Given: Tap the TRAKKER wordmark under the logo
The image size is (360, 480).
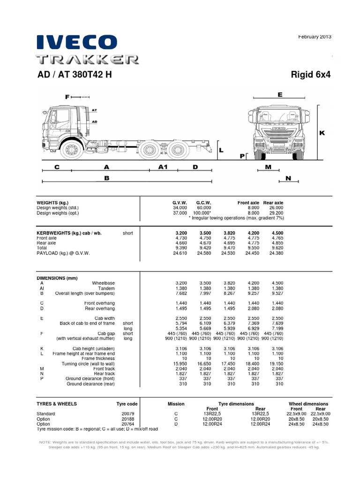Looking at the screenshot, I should pyautogui.click(x=88, y=60).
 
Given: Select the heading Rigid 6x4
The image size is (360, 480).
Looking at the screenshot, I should pyautogui.click(x=311, y=75).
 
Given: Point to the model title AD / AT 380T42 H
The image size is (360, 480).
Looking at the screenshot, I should pyautogui.click(x=74, y=75).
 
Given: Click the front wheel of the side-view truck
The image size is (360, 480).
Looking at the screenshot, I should pyautogui.click(x=72, y=150).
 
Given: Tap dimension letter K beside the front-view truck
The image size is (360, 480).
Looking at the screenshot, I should pyautogui.click(x=322, y=133).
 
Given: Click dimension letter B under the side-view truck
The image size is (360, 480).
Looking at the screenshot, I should pyautogui.click(x=106, y=178).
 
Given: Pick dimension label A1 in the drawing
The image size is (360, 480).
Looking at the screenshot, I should pyautogui.click(x=163, y=167).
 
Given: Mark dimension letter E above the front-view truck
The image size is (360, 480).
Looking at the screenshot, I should pyautogui.click(x=280, y=95).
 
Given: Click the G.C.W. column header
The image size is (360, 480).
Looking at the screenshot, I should pyautogui.click(x=204, y=202).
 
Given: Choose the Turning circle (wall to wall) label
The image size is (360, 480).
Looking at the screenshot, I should pyautogui.click(x=88, y=364).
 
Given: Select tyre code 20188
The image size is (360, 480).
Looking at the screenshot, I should pyautogui.click(x=128, y=419).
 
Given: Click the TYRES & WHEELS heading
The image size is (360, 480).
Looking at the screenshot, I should pyautogui.click(x=57, y=404).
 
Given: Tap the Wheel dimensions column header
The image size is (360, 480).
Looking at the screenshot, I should pyautogui.click(x=308, y=404).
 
